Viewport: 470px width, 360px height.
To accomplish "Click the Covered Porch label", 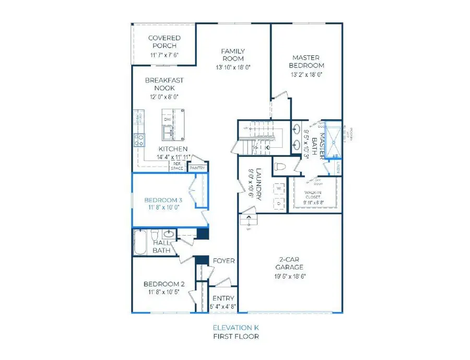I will point(164,42).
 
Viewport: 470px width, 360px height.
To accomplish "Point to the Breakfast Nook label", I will point(164,85).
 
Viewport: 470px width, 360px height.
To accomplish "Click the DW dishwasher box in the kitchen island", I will point(168,120).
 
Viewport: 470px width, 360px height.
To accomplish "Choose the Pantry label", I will point(197,168).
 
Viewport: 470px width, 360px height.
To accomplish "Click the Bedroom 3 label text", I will point(163,200).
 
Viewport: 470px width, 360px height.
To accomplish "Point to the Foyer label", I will point(224,261).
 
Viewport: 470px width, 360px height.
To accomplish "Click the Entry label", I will point(223,299).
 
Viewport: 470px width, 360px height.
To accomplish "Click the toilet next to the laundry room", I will point(280,168).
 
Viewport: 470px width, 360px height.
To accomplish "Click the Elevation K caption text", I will point(235,328).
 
